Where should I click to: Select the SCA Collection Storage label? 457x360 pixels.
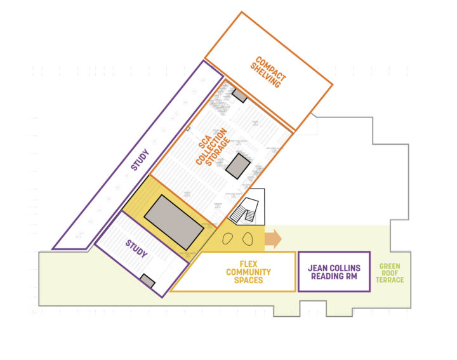point(211,147)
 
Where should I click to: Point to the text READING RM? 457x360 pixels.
point(334,277)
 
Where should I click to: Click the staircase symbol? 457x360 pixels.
point(245,211)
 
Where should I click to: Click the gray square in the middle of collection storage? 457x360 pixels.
point(239,166)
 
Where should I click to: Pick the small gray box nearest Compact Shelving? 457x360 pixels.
point(239,95)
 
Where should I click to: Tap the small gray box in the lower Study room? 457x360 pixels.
point(148,279)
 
